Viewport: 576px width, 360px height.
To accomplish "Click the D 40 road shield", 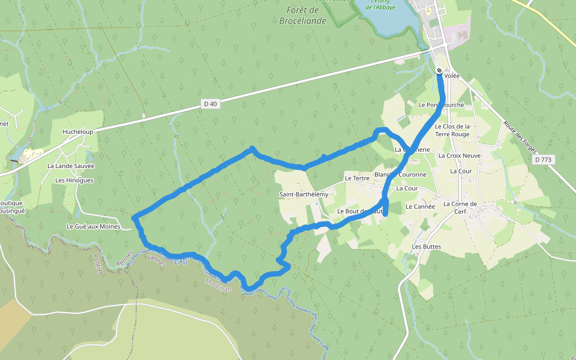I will pyautogui.click(x=210, y=104).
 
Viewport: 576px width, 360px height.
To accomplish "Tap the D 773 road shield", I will pyautogui.click(x=544, y=160).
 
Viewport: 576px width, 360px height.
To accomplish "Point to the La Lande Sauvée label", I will pyautogui.click(x=71, y=166).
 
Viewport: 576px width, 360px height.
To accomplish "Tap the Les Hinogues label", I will pyautogui.click(x=74, y=180).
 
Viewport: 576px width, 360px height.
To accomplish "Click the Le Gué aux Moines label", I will pyautogui.click(x=93, y=226).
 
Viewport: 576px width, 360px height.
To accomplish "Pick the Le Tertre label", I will pyautogui.click(x=357, y=178).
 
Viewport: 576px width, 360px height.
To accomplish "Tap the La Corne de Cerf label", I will pyautogui.click(x=460, y=207).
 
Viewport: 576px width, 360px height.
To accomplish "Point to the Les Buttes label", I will pyautogui.click(x=426, y=247).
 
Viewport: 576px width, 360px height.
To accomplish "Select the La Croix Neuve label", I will pyautogui.click(x=460, y=155).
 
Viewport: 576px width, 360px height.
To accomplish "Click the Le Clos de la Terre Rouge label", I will pyautogui.click(x=452, y=130).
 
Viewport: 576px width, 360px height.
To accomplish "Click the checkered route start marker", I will pyautogui.click(x=439, y=71).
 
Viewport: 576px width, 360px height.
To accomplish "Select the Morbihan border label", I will pyautogui.click(x=218, y=286).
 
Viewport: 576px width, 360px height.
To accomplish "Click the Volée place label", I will pyautogui.click(x=452, y=76).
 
